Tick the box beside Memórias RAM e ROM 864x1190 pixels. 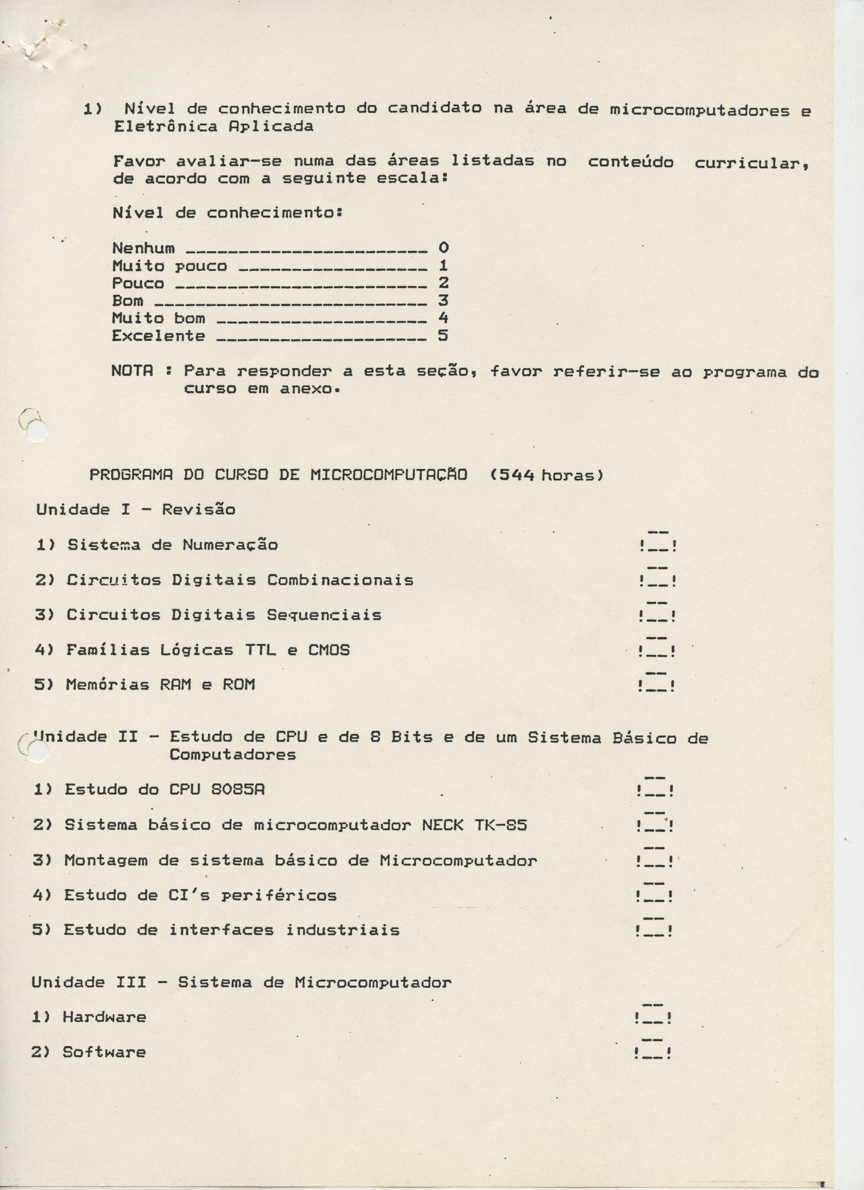[x=656, y=684]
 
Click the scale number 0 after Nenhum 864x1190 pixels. [x=444, y=247]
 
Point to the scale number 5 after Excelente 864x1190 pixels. [x=443, y=335]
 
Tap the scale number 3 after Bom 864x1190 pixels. [x=443, y=300]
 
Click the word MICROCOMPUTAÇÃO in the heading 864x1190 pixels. [x=388, y=475]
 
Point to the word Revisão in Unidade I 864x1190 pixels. [x=198, y=509]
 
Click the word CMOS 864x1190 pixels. [x=329, y=650]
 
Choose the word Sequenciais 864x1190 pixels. [x=324, y=615]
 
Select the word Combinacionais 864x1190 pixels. [x=340, y=580]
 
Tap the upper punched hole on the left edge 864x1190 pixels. [x=37, y=431]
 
